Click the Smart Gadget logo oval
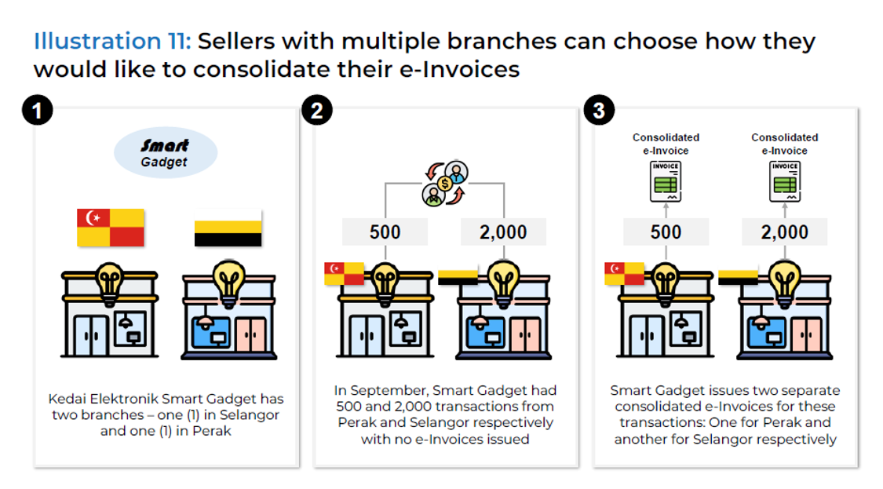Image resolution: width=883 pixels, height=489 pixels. pyautogui.click(x=165, y=153)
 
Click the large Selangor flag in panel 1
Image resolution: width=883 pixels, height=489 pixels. pyautogui.click(x=110, y=228)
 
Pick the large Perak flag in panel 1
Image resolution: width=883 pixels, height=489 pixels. pyautogui.click(x=228, y=228)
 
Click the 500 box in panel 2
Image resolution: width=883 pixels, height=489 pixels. pyautogui.click(x=385, y=232)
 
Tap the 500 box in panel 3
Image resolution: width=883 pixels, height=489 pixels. pyautogui.click(x=666, y=232)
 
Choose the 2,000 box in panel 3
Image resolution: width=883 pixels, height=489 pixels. pyautogui.click(x=784, y=232)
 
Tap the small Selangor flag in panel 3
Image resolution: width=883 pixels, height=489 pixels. pyautogui.click(x=624, y=273)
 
